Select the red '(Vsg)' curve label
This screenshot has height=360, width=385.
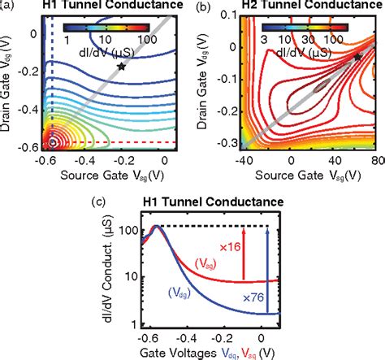(x=206, y=262)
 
